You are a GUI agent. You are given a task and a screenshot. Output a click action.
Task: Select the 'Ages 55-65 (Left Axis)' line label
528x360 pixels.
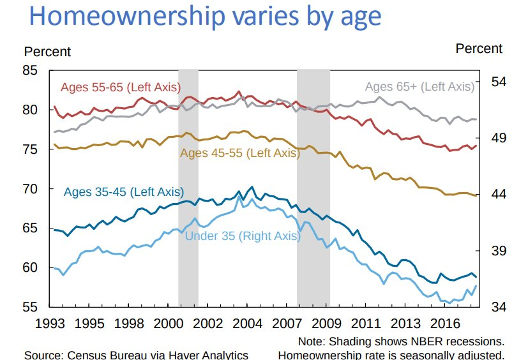(x=120, y=87)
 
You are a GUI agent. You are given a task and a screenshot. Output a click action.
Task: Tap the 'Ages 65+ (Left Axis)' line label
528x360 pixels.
(x=419, y=87)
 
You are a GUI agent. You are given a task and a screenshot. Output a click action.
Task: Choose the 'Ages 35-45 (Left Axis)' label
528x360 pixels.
(x=123, y=192)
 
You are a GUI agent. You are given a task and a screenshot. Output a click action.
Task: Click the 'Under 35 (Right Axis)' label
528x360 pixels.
(x=242, y=236)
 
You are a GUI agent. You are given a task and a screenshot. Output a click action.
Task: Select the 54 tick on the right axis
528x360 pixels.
(x=498, y=82)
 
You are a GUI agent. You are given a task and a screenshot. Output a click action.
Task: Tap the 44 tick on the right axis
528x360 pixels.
(x=498, y=195)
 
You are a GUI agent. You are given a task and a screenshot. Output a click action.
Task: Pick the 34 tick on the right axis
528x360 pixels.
(x=498, y=307)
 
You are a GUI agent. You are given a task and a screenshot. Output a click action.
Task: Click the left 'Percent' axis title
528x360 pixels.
(x=47, y=52)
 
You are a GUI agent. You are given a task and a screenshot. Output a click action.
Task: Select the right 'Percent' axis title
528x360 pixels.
(x=479, y=49)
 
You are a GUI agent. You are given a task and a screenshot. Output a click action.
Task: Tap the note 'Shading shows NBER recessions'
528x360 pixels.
(x=401, y=341)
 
